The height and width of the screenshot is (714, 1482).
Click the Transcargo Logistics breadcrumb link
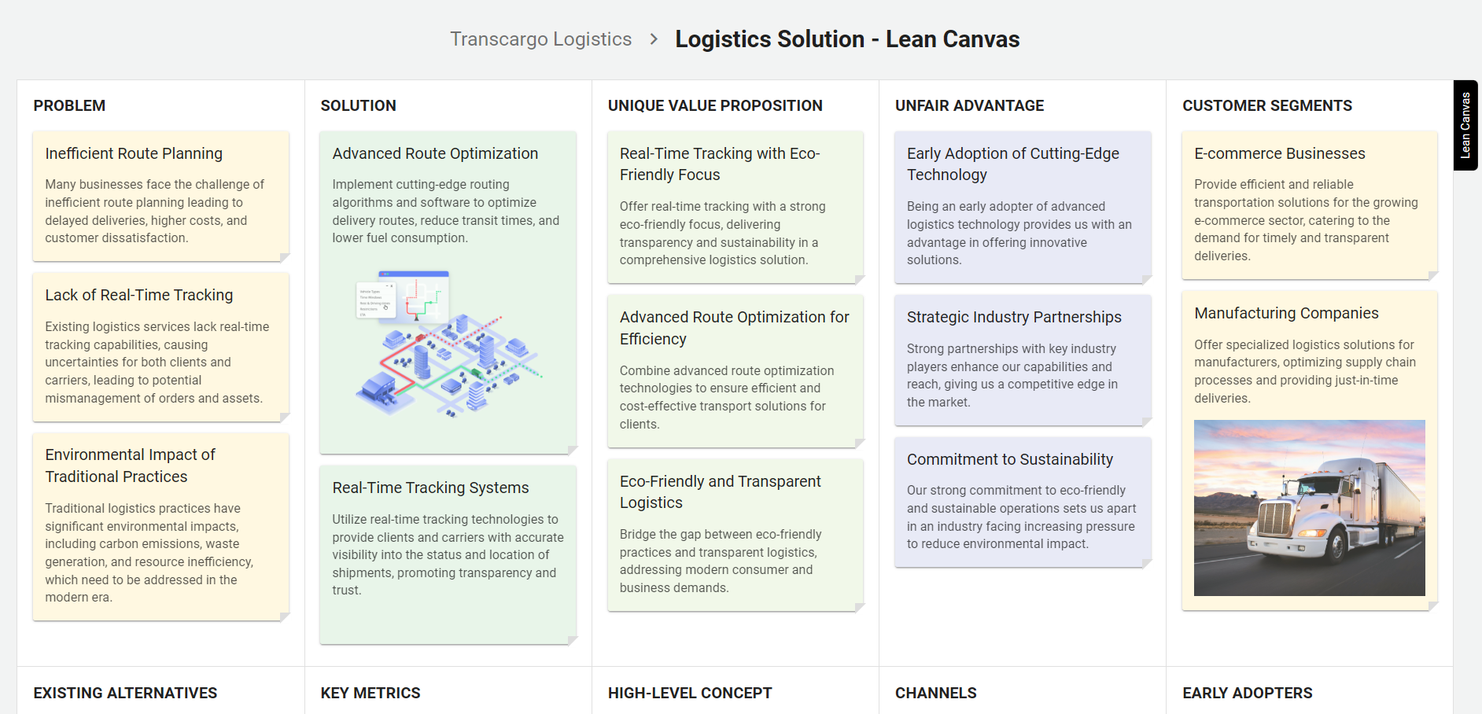coord(540,39)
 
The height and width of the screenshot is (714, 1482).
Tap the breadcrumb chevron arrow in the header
coord(654,39)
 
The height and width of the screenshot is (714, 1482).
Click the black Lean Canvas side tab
coord(1465,125)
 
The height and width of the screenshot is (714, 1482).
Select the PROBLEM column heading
coord(69,105)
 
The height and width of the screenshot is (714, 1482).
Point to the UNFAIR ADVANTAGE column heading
coord(969,105)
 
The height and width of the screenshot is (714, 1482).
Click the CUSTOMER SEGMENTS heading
coord(1266,105)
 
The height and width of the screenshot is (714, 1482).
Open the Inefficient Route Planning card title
coord(134,153)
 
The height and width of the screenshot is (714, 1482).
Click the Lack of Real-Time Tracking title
coord(139,295)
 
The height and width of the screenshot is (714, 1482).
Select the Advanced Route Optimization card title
coord(435,153)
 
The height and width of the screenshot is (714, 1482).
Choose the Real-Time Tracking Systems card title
coord(430,488)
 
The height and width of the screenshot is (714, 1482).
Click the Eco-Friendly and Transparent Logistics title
coord(720,491)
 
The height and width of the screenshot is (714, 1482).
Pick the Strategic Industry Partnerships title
coord(1014,317)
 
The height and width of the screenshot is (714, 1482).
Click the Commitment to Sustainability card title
coord(1009,459)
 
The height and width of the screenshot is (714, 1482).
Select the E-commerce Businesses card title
coord(1279,153)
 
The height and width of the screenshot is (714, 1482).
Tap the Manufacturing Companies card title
coord(1286,313)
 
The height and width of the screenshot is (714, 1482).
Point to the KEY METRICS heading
coord(370,693)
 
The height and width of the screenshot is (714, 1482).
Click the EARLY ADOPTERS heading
coord(1247,693)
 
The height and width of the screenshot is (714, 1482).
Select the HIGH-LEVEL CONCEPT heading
coord(690,693)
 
